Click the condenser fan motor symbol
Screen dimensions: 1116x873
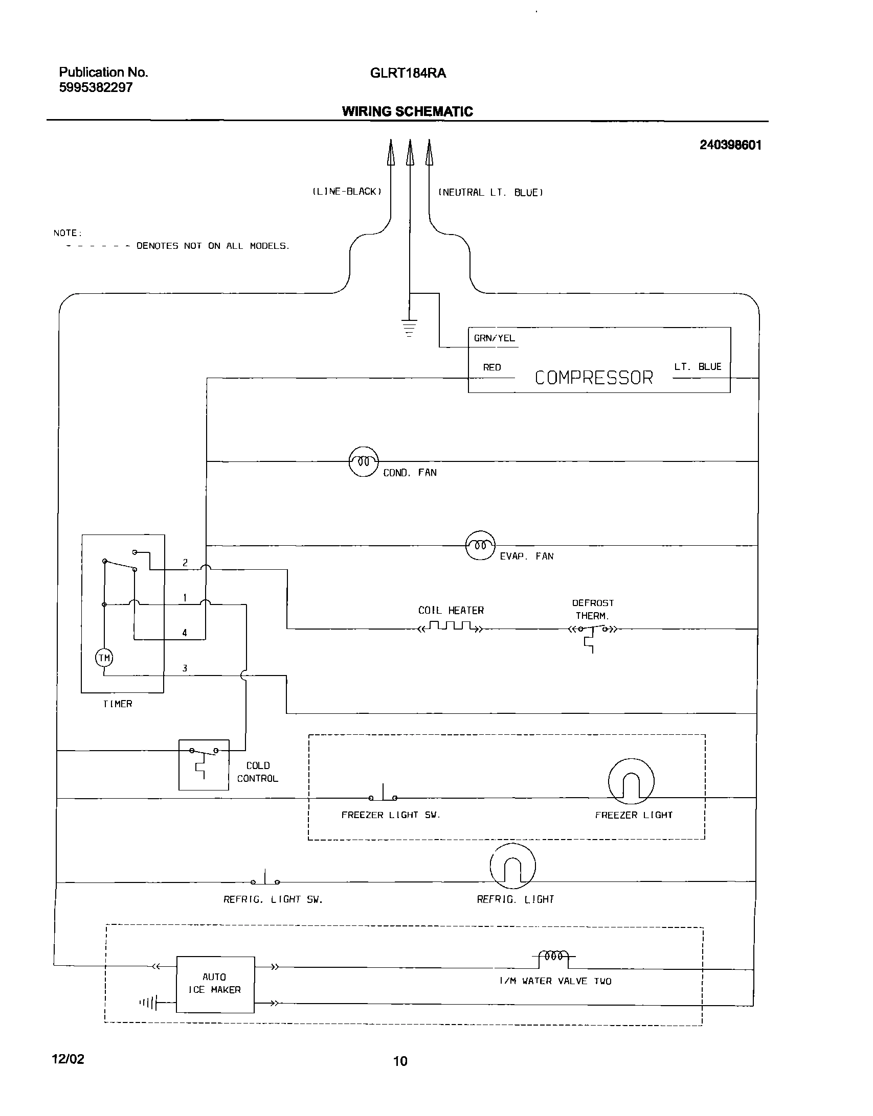tap(364, 461)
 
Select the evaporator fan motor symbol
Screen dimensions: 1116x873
tap(480, 545)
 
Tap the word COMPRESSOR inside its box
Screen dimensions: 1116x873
tap(594, 378)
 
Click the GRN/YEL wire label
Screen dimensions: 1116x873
tap(494, 338)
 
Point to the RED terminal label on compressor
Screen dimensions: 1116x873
tap(492, 367)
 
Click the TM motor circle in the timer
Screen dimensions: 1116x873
tap(104, 658)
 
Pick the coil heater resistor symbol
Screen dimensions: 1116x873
tap(450, 627)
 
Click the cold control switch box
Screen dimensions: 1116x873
tap(204, 764)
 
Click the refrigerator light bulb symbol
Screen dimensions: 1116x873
tap(512, 866)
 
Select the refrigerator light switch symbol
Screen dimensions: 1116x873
tap(265, 879)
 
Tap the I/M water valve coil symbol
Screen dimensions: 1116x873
tap(554, 956)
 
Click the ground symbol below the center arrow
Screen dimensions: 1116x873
tap(409, 328)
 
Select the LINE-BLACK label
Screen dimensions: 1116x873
tap(347, 192)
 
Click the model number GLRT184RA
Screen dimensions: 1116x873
tap(408, 74)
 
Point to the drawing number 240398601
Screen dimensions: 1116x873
tap(730, 145)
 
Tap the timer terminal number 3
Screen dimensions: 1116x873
tap(185, 668)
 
